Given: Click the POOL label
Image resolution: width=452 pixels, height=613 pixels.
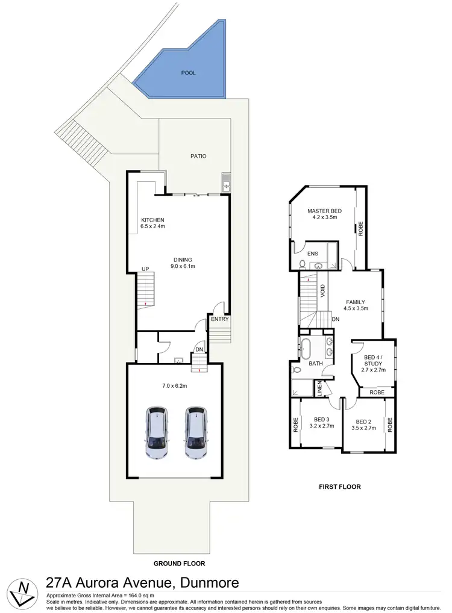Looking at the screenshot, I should point(189,73).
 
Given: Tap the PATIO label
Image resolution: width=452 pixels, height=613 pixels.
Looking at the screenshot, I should point(198,156).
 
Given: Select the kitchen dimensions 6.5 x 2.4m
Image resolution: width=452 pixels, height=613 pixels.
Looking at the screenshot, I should point(152,227).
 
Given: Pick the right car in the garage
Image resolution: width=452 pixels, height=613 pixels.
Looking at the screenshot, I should point(195,433).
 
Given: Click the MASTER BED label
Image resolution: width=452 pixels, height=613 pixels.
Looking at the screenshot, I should point(324,211).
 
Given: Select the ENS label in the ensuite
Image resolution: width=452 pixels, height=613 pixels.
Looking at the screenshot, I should point(313,254).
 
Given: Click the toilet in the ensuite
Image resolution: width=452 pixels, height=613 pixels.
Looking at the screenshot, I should point(301,264).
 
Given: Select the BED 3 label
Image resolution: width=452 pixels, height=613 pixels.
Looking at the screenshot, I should point(322,420).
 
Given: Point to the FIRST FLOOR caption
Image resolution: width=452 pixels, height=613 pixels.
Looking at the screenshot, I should point(341,487).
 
